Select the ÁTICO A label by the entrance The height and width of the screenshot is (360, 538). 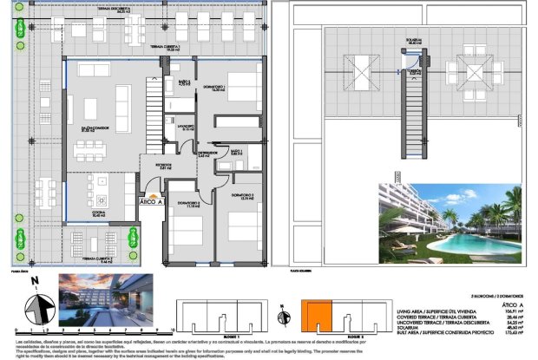tap(151, 200)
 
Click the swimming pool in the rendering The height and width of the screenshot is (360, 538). tap(469, 245)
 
